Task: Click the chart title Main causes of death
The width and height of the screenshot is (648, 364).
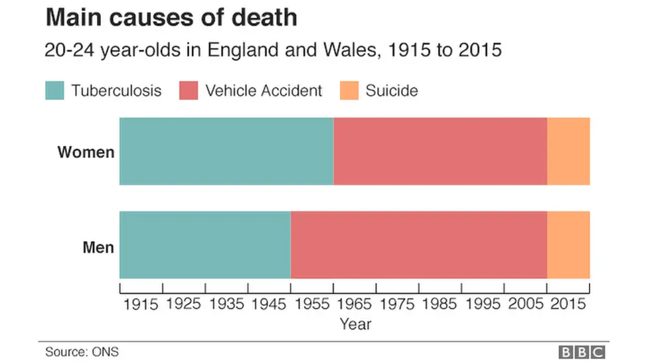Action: [x=171, y=18]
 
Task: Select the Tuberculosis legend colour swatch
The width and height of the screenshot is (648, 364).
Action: [x=54, y=90]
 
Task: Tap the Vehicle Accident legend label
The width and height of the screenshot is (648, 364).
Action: [x=264, y=91]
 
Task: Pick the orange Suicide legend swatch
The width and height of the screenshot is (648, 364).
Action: [x=349, y=90]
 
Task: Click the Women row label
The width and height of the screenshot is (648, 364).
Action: [x=86, y=152]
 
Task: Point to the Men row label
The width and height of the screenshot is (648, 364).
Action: [x=98, y=248]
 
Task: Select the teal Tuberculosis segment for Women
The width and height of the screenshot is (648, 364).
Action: [x=226, y=151]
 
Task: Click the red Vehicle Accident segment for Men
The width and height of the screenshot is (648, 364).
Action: [x=418, y=245]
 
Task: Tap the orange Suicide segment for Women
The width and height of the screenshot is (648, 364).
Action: [x=568, y=151]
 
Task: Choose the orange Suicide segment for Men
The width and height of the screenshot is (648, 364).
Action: [x=568, y=245]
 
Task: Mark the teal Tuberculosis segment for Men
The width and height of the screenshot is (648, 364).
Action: [x=204, y=245]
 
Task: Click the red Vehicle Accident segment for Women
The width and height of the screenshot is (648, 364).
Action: [x=440, y=151]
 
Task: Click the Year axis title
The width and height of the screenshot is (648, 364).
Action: [x=355, y=324]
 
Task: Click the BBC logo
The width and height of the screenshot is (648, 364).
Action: [x=582, y=352]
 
